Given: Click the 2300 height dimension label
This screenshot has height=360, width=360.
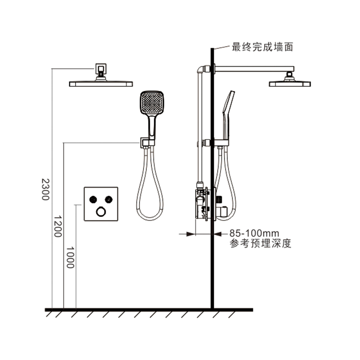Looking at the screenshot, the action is point(45,189).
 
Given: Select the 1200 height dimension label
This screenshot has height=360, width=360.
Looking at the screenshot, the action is point(58,226).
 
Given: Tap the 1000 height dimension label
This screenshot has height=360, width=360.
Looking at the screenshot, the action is point(70,257).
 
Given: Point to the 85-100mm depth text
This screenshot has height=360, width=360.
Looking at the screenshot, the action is point(254,234).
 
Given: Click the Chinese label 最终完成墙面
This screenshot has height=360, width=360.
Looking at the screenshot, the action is point(262,47).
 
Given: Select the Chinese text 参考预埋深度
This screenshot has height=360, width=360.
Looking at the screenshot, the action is point(261,243).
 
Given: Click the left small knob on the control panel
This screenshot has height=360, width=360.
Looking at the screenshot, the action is point(93,199).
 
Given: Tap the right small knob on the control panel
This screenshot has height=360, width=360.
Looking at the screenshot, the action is point(108,199).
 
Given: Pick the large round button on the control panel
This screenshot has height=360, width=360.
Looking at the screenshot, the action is point(101,211).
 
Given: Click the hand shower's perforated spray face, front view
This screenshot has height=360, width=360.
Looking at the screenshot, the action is point(152,103).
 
